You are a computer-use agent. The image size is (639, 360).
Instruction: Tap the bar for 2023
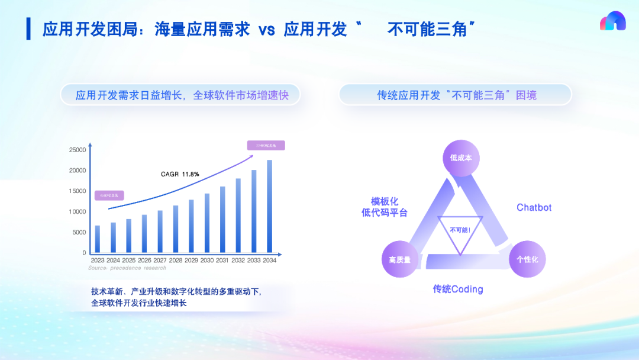point(98,239)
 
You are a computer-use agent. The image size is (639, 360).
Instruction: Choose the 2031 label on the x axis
point(222,261)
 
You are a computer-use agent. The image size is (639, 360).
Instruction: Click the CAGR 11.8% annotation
point(180,174)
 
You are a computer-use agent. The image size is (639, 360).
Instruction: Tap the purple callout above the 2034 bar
point(266,145)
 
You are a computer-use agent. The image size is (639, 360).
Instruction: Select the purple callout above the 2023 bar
point(109,195)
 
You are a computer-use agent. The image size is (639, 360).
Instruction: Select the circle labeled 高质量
point(400,259)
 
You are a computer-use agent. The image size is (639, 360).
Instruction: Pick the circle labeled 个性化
point(527,259)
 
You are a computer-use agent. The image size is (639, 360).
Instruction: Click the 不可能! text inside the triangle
point(460,229)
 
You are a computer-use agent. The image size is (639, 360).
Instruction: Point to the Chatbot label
point(534,208)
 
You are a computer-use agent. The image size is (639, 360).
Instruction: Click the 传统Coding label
point(458,290)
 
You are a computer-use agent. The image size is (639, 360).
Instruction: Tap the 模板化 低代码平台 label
point(385,207)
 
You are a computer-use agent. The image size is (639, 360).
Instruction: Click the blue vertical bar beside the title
point(28,29)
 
